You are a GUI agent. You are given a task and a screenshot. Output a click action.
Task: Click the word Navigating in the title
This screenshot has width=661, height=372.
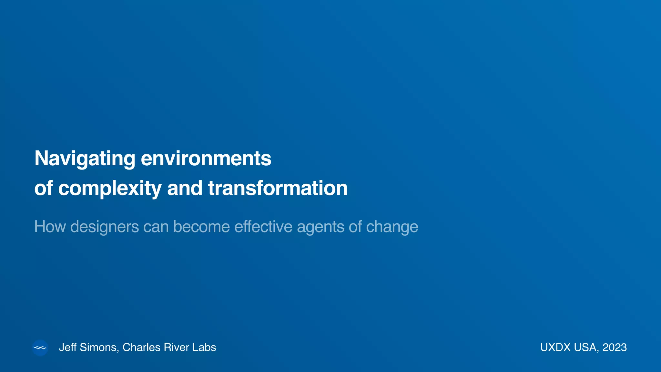85,159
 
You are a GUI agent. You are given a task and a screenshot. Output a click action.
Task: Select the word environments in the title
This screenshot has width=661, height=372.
206,159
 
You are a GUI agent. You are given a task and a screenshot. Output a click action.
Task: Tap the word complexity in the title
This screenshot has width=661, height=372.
110,189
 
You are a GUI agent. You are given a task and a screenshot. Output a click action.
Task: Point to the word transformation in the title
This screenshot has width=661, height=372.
278,189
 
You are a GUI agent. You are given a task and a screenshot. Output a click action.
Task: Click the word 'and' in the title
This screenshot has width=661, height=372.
185,189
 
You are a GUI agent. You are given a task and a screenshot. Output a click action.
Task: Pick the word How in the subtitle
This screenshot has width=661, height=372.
50,227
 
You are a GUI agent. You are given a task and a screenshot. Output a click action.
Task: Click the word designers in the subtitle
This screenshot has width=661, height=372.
105,227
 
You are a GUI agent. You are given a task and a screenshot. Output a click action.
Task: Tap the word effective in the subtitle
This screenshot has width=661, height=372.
263,227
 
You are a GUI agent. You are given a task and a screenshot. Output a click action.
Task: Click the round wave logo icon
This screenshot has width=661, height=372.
40,348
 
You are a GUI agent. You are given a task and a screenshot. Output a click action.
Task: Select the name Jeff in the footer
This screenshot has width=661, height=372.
68,347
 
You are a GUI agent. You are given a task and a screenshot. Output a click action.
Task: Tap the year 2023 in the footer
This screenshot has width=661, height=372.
615,347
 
